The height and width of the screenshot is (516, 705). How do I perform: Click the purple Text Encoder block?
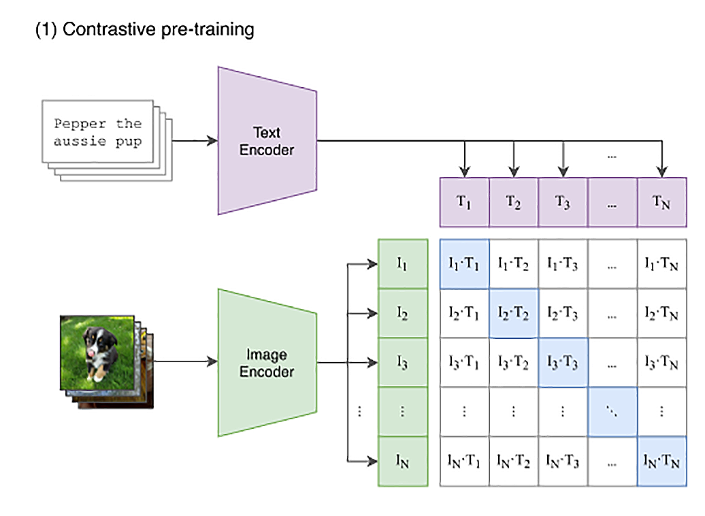[x=267, y=140]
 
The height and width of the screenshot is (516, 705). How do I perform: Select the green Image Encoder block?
[x=267, y=362]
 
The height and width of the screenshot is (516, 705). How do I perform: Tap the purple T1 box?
[x=464, y=202]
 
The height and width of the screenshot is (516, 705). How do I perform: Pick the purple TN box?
[x=661, y=202]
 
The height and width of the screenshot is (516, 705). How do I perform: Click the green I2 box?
[x=402, y=314]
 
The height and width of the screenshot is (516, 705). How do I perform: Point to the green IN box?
[x=402, y=462]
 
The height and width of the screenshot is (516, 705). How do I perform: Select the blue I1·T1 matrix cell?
[x=464, y=264]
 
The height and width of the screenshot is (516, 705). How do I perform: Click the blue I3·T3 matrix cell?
[x=563, y=363]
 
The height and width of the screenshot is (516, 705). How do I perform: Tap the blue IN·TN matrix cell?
[x=661, y=462]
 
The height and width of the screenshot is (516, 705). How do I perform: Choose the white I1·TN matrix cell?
[x=661, y=264]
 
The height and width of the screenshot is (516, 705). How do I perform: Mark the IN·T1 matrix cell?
[x=464, y=462]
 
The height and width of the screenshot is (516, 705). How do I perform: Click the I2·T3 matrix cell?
[x=563, y=314]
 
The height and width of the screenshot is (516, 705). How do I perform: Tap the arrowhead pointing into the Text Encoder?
[x=213, y=141]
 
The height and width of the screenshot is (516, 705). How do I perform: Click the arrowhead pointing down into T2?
[x=514, y=172]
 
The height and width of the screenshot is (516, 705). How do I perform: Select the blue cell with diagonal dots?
[x=612, y=413]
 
